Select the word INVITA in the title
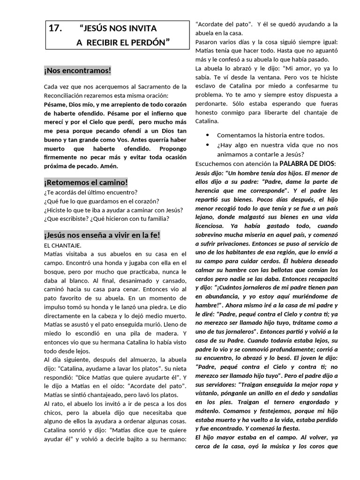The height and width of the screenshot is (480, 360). point(141,29)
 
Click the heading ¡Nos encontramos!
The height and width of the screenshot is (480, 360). point(77,71)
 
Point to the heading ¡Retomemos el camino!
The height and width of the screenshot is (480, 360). point(86,182)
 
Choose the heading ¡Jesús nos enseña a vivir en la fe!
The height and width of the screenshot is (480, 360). point(102,235)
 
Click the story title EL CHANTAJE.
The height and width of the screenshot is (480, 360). point(62,245)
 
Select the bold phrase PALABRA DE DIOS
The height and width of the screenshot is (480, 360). point(307,164)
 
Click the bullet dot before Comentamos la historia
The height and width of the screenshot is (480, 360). point(208,135)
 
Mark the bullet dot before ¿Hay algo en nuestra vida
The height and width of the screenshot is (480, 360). point(208,144)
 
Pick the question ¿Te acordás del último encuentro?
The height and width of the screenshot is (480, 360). point(90,193)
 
